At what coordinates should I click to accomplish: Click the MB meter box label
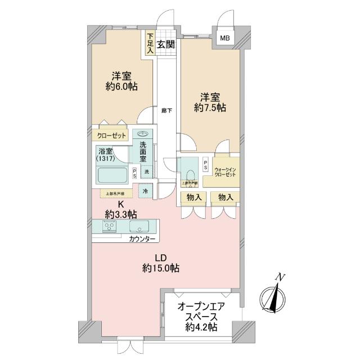coord(225,38)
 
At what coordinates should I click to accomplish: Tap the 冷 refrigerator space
coord(145,191)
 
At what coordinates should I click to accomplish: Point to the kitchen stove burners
coord(110,227)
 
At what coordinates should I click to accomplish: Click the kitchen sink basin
coord(138,227)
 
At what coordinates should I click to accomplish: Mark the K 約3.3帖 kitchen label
coord(120,209)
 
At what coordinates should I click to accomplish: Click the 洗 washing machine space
coord(146,172)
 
